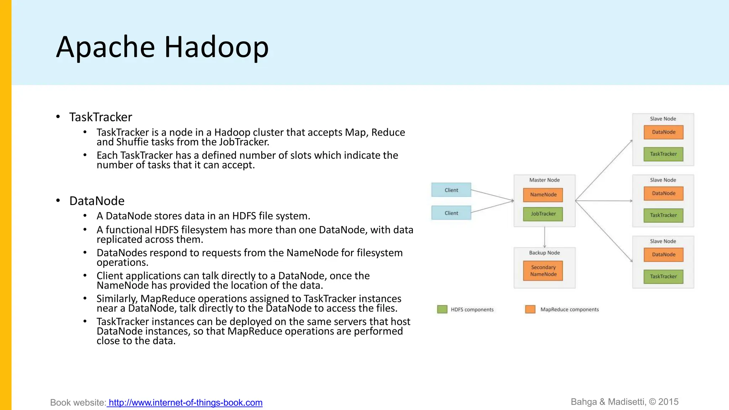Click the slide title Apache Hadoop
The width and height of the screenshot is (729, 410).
[x=162, y=47]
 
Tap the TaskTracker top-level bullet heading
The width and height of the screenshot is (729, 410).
[x=100, y=117]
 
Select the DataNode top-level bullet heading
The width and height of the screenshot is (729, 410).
[x=97, y=201]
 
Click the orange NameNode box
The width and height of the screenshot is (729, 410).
[x=543, y=195]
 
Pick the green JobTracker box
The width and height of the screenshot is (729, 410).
[x=543, y=214]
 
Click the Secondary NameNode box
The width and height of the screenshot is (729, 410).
[x=543, y=271]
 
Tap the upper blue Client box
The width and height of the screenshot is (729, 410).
[x=451, y=190]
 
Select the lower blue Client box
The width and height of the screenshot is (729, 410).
[x=451, y=213]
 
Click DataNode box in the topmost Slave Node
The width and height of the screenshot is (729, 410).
[x=663, y=132]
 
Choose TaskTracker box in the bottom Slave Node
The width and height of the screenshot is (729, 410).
[x=663, y=277]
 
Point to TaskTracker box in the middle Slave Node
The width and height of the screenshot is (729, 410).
[x=663, y=215]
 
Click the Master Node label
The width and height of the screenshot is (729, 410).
[x=544, y=180]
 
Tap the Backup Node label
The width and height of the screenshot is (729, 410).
[x=544, y=253]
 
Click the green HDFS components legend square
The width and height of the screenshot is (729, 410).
[x=442, y=309]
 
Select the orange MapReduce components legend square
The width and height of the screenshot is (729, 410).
[x=530, y=309]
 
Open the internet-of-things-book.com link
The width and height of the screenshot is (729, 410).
[x=185, y=403]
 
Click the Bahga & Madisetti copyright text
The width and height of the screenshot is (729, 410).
[x=624, y=402]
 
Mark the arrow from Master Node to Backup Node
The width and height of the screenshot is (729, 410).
[x=545, y=237]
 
